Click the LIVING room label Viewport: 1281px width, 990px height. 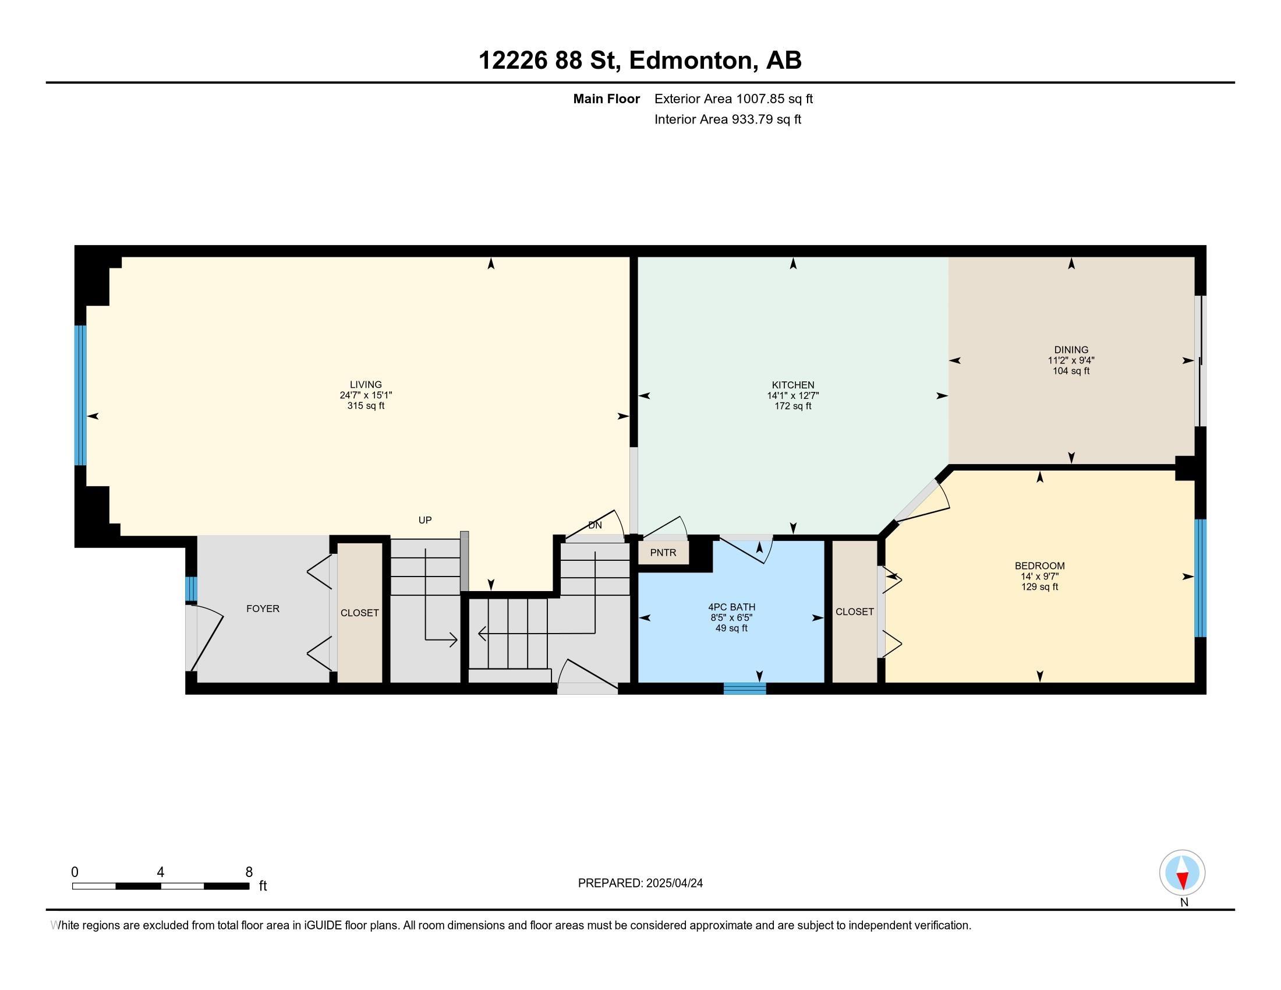click(x=366, y=385)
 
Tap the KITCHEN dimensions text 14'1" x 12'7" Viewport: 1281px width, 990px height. click(x=793, y=396)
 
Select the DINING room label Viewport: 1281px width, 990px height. click(x=1071, y=349)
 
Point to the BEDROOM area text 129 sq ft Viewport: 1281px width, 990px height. click(x=1039, y=586)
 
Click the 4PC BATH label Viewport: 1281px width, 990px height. click(x=731, y=607)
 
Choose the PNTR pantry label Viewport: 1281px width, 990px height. click(x=663, y=553)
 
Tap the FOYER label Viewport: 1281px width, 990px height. click(x=263, y=609)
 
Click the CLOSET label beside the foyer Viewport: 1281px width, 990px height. click(x=359, y=613)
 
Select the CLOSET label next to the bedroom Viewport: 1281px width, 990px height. click(x=855, y=611)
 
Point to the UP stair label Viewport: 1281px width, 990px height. click(x=424, y=520)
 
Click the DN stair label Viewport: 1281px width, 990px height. click(x=595, y=525)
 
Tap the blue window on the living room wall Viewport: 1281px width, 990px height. click(x=80, y=395)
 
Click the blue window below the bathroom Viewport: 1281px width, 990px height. click(x=744, y=688)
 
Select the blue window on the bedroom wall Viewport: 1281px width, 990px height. click(x=1200, y=578)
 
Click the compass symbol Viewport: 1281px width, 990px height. click(x=1182, y=873)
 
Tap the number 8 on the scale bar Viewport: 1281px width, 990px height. click(x=249, y=872)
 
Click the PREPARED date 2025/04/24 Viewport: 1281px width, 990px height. click(x=674, y=883)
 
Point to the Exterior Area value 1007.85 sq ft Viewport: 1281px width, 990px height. click(x=774, y=98)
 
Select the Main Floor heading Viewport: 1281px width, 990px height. click(x=607, y=98)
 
